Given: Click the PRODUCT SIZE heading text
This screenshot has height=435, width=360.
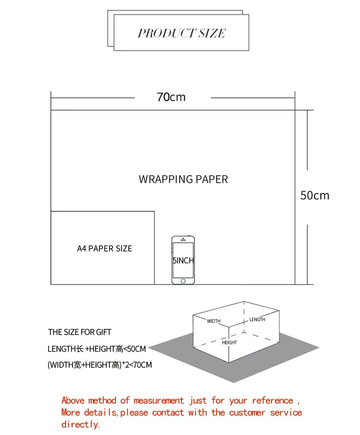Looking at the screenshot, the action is pyautogui.click(x=181, y=33).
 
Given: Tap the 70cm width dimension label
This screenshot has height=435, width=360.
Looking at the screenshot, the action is pyautogui.click(x=171, y=97).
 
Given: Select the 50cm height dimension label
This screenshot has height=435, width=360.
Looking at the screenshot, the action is pyautogui.click(x=315, y=195).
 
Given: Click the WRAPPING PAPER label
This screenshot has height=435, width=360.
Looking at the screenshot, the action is pyautogui.click(x=183, y=180).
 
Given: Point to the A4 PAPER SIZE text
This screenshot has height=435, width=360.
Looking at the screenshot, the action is pyautogui.click(x=105, y=249).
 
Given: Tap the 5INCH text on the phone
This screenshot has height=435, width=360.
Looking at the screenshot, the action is pyautogui.click(x=183, y=261).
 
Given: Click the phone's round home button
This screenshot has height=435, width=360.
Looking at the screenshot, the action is pyautogui.click(x=183, y=280).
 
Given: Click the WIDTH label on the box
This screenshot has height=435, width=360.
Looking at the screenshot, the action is pyautogui.click(x=214, y=321).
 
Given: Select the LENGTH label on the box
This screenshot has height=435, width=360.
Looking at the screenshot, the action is pyautogui.click(x=257, y=319).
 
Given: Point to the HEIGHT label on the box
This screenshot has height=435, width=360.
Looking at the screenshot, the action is pyautogui.click(x=229, y=343).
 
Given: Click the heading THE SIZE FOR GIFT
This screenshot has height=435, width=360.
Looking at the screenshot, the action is pyautogui.click(x=80, y=332).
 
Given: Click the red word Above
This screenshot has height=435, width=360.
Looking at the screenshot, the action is pyautogui.click(x=72, y=400).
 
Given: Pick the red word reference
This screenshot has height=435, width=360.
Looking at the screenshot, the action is pyautogui.click(x=272, y=400).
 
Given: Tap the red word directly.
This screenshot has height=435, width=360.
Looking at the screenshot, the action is pyautogui.click(x=81, y=424).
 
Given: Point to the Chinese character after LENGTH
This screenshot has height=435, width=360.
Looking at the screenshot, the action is pyautogui.click(x=81, y=349).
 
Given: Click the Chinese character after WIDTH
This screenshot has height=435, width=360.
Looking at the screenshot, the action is pyautogui.click(x=77, y=365).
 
